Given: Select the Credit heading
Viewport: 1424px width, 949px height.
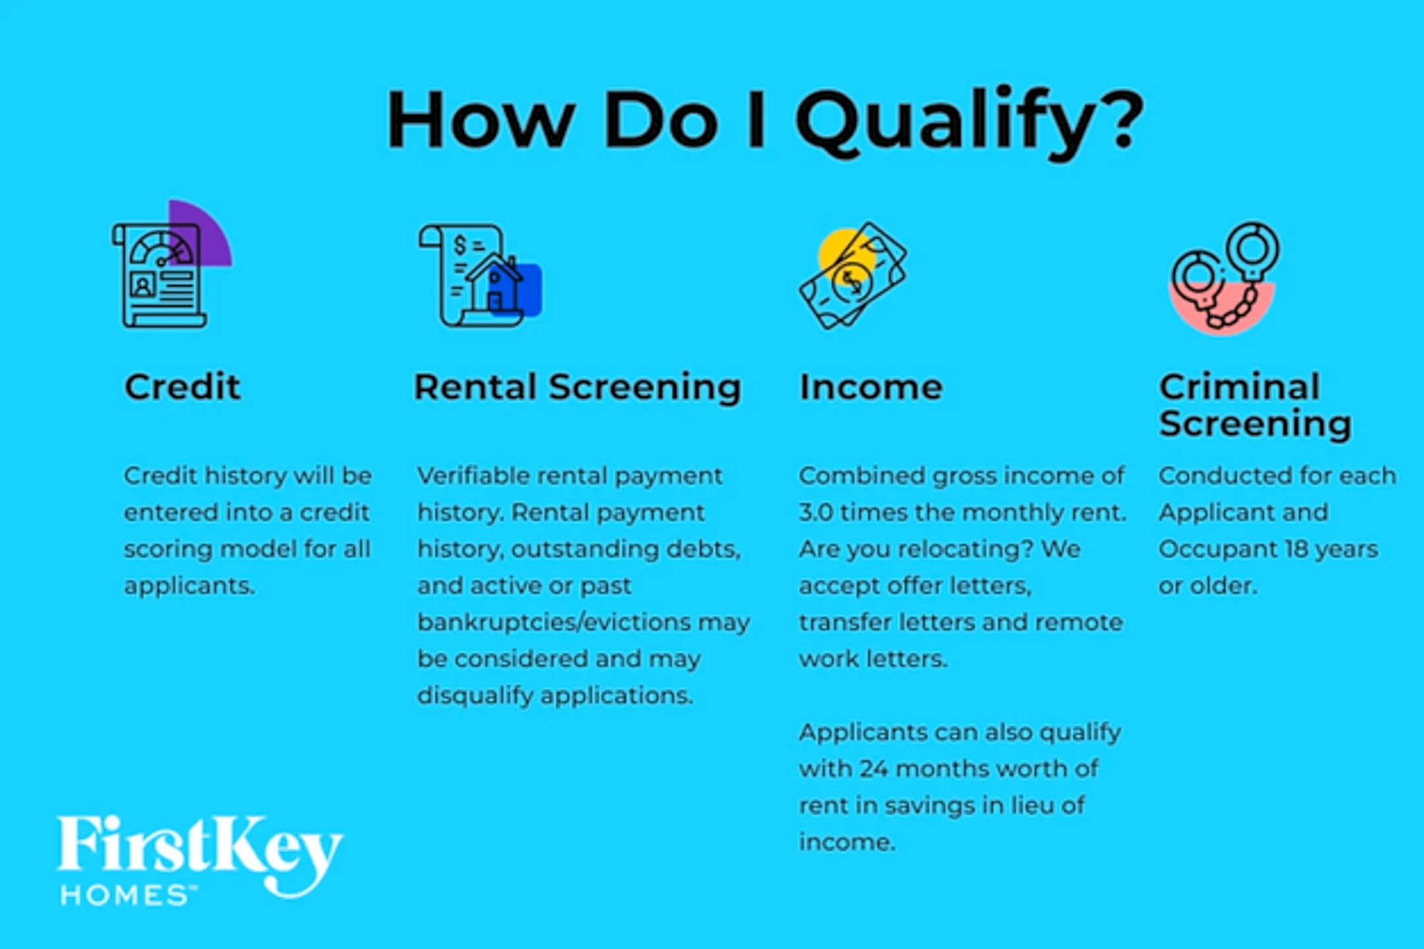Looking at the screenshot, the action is point(183,386).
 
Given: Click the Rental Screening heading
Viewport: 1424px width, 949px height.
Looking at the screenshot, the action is point(578,388).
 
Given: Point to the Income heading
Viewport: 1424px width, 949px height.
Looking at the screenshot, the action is point(871,387).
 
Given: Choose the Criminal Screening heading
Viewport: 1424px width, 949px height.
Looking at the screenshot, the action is point(1255,405).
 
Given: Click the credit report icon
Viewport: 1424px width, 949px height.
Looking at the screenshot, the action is point(159,275).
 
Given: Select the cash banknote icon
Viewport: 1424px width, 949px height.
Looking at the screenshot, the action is point(853,275).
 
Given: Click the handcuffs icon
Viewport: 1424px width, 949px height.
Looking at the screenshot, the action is point(1225,276).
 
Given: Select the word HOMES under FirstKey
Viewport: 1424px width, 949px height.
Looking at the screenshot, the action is point(125,896).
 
